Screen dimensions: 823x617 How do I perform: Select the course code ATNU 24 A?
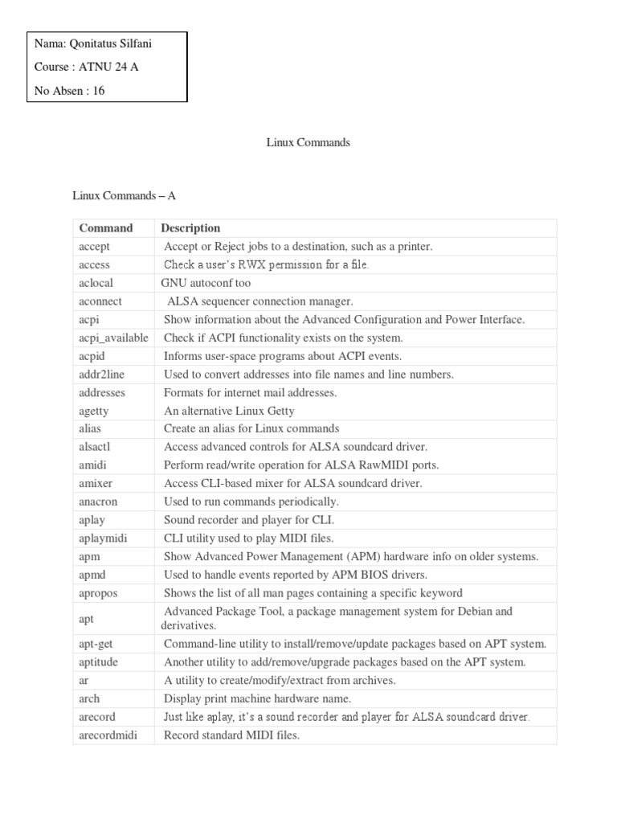108,68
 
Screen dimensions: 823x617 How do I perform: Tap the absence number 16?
99,91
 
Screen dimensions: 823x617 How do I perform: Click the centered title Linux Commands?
308,142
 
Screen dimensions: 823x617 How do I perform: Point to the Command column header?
106,228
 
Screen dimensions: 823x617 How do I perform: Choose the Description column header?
190,228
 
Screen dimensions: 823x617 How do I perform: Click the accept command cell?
95,247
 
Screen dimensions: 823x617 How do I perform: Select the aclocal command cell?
96,283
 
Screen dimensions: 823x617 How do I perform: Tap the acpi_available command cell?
113,338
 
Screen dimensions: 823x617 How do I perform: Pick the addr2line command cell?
102,374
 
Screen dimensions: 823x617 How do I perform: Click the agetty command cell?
94,410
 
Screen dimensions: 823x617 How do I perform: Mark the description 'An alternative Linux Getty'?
226,410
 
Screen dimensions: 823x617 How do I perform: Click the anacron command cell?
98,501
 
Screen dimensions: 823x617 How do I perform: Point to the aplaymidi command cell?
104,538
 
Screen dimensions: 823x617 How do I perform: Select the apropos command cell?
99,592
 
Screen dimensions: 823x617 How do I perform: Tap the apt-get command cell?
96,644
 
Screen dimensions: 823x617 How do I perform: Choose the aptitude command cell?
99,662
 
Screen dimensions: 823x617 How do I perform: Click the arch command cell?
89,698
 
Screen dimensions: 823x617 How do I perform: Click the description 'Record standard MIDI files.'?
231,735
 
